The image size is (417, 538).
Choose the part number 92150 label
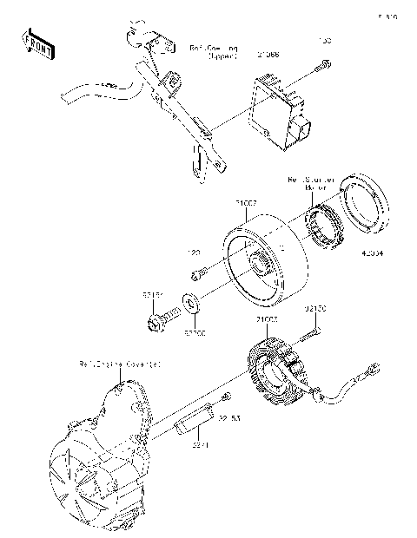coord(314,308)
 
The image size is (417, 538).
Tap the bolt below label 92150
coord(312,333)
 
